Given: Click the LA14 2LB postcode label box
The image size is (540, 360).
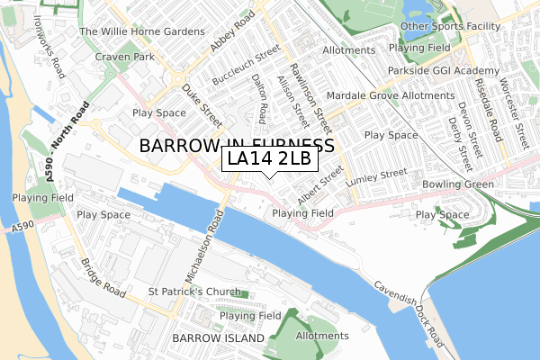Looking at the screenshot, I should (268, 159).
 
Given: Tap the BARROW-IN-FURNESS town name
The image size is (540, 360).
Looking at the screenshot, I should (237, 145).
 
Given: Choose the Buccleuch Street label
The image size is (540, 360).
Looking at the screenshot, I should (241, 69).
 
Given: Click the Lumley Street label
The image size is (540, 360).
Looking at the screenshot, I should (382, 176).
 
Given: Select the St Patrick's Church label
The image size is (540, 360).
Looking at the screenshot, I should (194, 292).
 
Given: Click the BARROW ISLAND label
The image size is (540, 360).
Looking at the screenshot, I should (220, 338).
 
